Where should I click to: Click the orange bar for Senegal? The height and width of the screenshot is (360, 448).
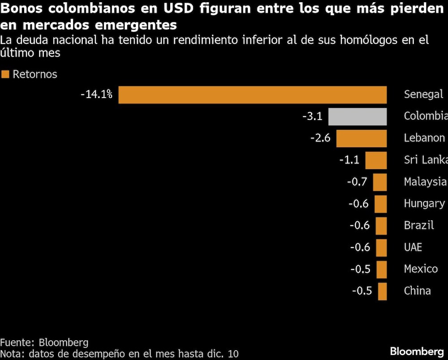tap(252, 95)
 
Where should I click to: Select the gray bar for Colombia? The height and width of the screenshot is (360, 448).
tap(357, 116)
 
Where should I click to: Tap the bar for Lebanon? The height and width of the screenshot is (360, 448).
tap(361, 138)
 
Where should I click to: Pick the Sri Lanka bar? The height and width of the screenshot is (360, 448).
tap(375, 160)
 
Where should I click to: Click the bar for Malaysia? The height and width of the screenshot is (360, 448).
tap(379, 182)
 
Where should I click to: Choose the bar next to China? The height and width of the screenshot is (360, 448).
tap(382, 291)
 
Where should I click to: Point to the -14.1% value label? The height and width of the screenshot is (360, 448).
tap(96, 94)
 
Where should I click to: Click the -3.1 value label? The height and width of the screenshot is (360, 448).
tap(312, 116)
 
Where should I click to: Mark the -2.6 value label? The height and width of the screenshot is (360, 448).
tap(320, 138)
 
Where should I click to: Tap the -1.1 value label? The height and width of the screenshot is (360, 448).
tap(349, 160)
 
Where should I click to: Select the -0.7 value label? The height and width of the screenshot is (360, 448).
tap(357, 182)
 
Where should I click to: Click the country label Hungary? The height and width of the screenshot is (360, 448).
tap(424, 203)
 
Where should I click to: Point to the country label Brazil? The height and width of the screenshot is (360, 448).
tap(419, 225)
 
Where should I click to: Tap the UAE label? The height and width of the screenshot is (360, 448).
tap(413, 247)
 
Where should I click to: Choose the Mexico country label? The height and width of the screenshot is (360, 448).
tap(421, 269)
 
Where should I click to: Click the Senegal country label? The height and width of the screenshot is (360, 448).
tap(423, 94)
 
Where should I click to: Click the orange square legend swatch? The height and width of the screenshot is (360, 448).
tap(5, 74)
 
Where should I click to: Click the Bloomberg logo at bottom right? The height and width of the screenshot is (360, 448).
tap(417, 351)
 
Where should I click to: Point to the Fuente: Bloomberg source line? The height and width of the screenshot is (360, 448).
tap(44, 343)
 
